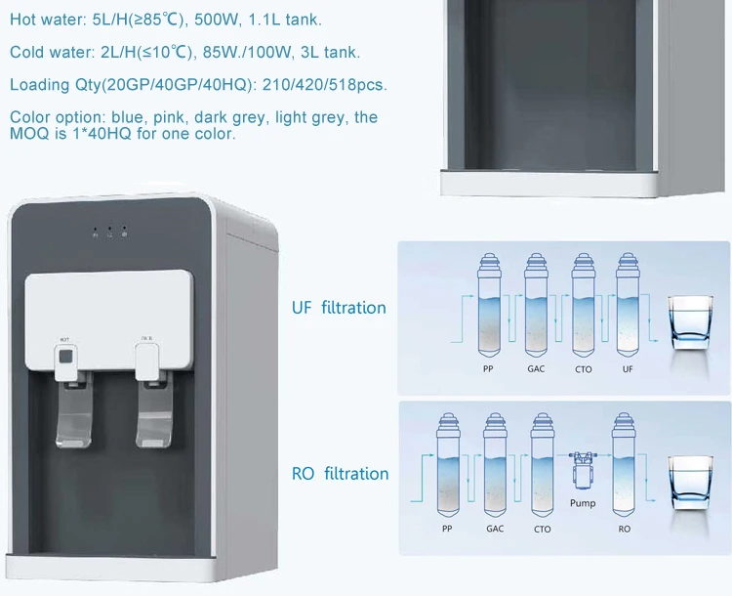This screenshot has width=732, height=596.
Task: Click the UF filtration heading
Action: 339,308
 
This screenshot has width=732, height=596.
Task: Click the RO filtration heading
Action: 340,474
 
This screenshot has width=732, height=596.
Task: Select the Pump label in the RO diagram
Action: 583,504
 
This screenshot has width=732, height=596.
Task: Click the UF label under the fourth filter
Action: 628,370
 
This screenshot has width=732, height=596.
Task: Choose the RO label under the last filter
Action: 626,530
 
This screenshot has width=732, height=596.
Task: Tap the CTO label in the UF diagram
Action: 583,370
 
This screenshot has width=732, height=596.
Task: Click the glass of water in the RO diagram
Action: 693,487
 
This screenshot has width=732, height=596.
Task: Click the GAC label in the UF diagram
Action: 536,370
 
